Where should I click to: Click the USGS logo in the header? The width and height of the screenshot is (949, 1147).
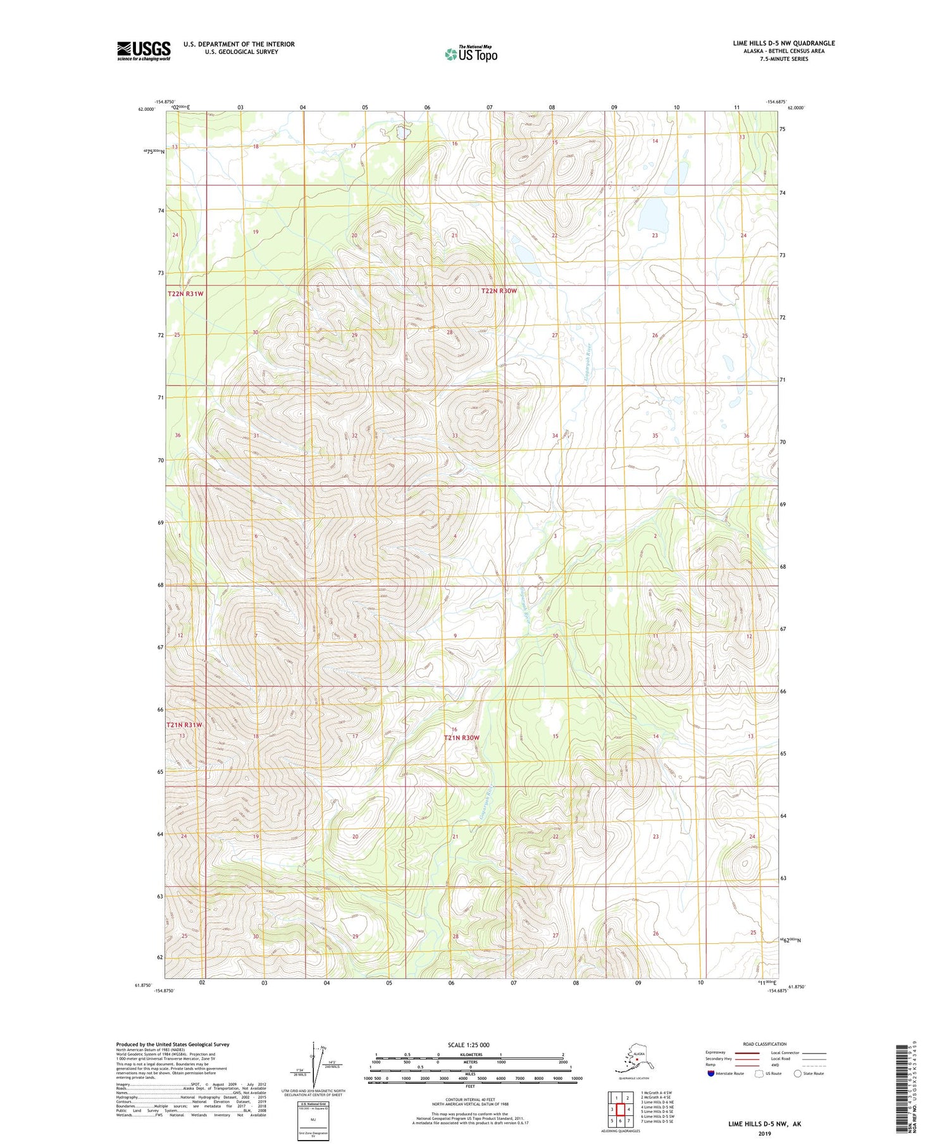(144, 51)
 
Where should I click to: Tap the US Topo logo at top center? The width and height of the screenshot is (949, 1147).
(471, 54)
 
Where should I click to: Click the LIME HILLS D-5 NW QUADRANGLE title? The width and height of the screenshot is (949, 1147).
(784, 43)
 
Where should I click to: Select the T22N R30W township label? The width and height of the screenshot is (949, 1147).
(499, 291)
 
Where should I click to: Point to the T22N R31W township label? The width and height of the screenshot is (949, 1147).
(186, 294)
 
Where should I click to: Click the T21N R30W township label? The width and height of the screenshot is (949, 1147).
(462, 738)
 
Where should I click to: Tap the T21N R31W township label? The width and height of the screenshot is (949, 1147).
(185, 725)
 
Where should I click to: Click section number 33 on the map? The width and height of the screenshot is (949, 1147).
(454, 436)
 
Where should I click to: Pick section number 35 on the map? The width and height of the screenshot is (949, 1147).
(655, 436)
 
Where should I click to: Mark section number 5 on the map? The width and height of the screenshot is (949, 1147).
(355, 536)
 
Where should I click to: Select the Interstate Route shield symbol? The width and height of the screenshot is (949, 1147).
(710, 1074)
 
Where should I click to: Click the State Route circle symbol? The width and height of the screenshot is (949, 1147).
(798, 1074)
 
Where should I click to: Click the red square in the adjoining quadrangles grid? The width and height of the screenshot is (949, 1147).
(621, 1109)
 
